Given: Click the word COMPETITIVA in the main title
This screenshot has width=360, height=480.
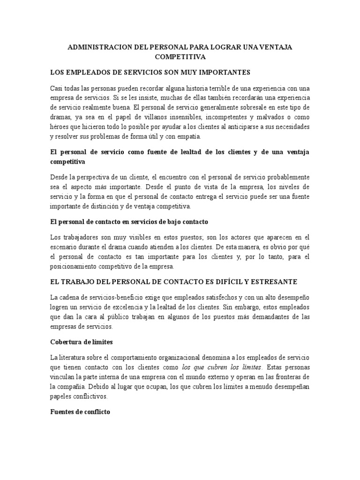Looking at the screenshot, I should pyautogui.click(x=180, y=57).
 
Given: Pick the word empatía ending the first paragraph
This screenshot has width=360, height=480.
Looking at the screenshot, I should pyautogui.click(x=189, y=137).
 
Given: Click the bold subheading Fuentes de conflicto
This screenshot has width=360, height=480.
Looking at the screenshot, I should pyautogui.click(x=80, y=413).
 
